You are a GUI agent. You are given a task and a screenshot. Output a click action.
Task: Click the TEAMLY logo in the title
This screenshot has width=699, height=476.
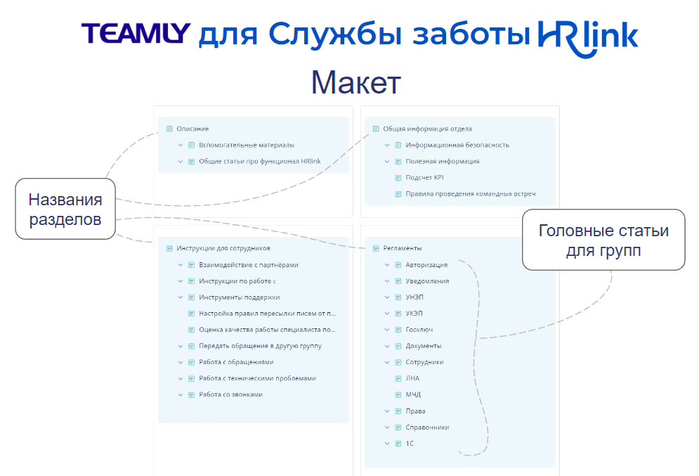click(x=136, y=33)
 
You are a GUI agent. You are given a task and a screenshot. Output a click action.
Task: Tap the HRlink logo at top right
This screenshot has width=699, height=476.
click(x=587, y=36)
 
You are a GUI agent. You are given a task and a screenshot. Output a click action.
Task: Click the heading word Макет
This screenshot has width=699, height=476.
click(x=355, y=83)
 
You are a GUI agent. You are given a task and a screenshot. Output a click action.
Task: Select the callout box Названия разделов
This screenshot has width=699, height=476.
click(x=65, y=210)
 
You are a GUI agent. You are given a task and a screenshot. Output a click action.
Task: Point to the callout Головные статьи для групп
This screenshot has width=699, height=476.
click(x=603, y=240)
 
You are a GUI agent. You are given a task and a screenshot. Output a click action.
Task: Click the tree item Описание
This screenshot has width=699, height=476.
click(x=192, y=129)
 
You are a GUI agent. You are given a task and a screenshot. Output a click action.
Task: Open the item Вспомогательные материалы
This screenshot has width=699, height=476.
click(x=246, y=145)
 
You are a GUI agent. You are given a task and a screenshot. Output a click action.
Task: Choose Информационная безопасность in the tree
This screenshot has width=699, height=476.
click(x=457, y=145)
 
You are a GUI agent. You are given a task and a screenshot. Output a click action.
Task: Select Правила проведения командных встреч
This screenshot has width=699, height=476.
click(x=470, y=193)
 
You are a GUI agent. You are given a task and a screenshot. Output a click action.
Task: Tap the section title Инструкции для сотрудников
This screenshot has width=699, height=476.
click(x=223, y=248)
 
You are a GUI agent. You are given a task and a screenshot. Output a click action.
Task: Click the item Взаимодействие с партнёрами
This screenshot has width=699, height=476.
click(x=248, y=264)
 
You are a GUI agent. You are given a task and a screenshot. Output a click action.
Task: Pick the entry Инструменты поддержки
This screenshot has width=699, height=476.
click(x=239, y=297)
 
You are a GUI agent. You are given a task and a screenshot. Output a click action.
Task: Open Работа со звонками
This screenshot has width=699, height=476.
click(x=230, y=394)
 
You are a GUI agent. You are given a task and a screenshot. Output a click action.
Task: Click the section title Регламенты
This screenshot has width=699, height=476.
click(x=403, y=248)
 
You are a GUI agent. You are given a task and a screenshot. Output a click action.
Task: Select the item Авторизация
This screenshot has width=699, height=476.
click(x=426, y=265)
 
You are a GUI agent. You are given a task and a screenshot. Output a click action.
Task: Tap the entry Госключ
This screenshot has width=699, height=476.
click(x=419, y=330)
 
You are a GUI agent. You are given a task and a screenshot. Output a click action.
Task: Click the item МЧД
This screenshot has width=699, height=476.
click(x=413, y=394)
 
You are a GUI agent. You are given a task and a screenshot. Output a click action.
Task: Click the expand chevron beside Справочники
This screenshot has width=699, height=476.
click(x=387, y=427)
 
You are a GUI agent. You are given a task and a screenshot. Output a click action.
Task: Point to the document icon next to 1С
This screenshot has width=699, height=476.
click(x=398, y=444)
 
